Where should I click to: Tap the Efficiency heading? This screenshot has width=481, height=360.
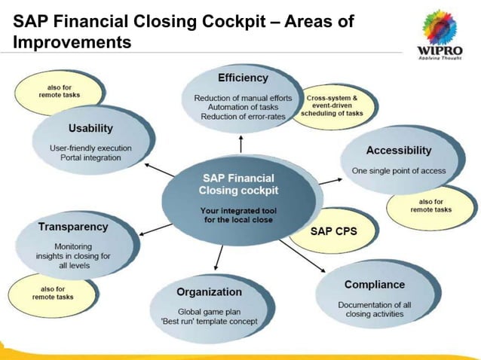coord(242,78)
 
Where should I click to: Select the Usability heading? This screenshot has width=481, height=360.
coord(90,128)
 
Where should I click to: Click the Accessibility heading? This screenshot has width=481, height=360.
coord(398,151)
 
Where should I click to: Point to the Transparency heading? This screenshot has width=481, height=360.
coord(73,226)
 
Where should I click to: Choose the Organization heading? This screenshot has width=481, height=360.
coord(209,291)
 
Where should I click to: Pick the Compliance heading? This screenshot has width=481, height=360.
coord(375,285)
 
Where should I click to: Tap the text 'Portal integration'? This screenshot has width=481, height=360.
coord(90,158)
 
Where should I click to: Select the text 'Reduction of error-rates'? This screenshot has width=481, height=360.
coord(243,117)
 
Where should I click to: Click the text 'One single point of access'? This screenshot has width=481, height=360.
coord(398,171)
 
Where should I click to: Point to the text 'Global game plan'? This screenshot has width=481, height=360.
coord(209,311)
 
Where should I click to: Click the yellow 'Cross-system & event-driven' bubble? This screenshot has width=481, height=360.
coord(332,106)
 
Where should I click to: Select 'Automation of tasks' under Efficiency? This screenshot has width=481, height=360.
coord(243,108)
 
